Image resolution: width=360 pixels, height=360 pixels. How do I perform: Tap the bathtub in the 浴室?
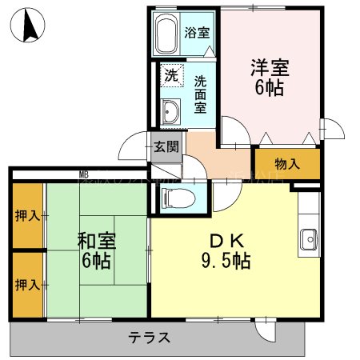(166, 35)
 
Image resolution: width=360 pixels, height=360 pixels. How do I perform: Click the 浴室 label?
(197, 34)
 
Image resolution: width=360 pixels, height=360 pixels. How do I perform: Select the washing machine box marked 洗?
(170, 76)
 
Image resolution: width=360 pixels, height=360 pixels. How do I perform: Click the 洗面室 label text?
(201, 94)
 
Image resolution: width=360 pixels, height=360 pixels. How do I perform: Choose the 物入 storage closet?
(286, 164)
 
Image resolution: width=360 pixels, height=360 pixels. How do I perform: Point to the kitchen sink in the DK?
(308, 238)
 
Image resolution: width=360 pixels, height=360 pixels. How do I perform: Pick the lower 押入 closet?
(26, 285)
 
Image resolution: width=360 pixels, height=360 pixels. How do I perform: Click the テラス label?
(149, 338)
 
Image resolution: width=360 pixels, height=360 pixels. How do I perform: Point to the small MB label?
(83, 174)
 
